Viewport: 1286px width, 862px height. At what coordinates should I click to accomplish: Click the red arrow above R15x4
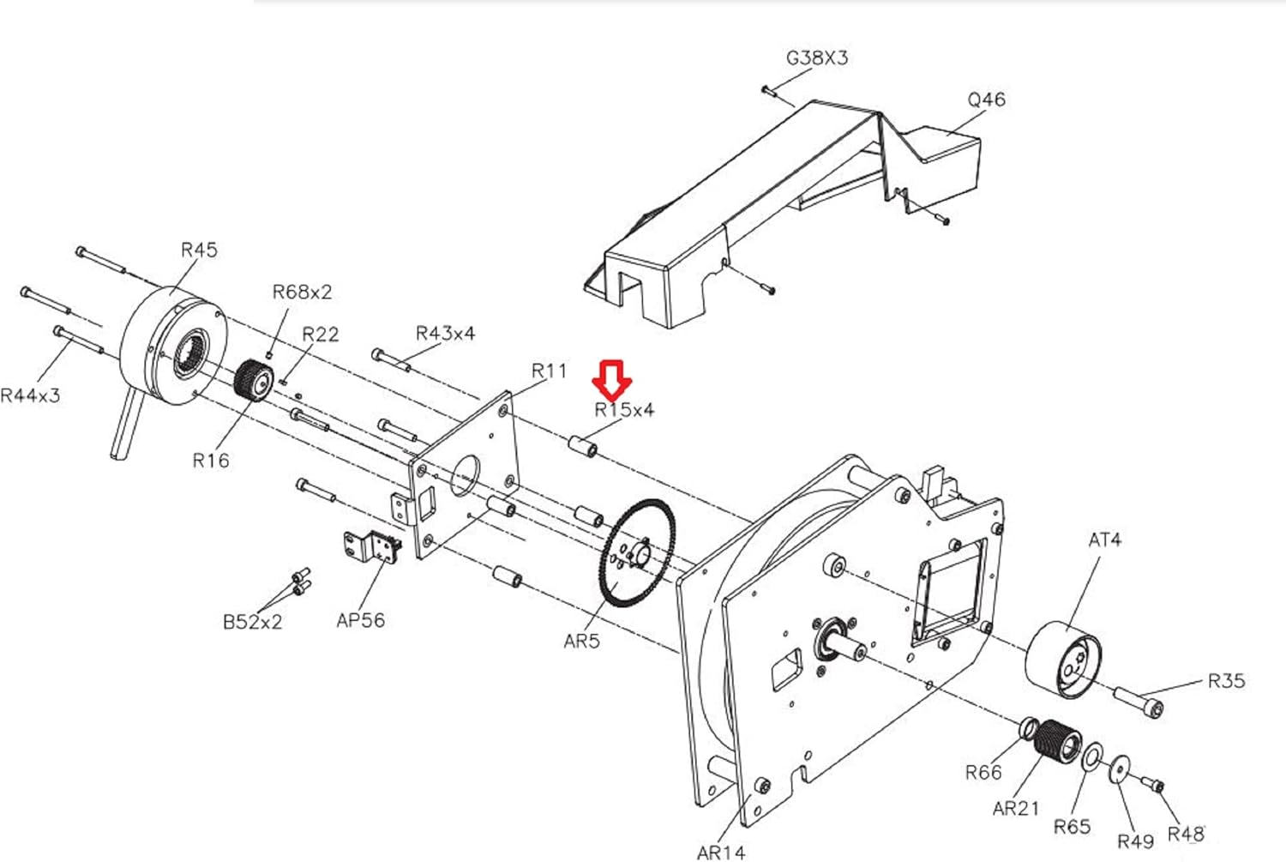click(x=611, y=380)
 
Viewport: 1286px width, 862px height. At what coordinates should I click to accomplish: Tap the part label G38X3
click(x=816, y=58)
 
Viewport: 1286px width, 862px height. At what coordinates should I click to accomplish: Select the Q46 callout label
click(x=986, y=100)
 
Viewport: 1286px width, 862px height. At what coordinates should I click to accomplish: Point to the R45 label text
click(x=199, y=250)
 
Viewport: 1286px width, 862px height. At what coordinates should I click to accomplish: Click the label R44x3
click(x=30, y=395)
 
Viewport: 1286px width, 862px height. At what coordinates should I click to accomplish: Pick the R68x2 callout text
click(x=302, y=292)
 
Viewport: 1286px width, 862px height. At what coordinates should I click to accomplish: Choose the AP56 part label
click(x=361, y=620)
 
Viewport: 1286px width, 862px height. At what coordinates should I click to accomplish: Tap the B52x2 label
click(x=253, y=622)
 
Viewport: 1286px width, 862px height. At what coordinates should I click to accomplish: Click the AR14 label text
click(x=721, y=853)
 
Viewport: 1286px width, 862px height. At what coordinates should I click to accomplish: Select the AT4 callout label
click(x=1105, y=540)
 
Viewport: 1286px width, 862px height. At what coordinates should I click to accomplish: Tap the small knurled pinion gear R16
click(x=255, y=381)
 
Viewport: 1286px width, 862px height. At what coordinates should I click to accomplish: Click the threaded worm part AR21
click(x=1057, y=741)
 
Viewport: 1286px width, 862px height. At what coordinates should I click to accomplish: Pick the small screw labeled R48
click(x=1152, y=784)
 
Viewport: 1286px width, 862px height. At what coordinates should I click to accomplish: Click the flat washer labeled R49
click(x=1120, y=769)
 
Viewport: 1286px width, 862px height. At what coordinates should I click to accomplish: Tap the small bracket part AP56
click(x=372, y=546)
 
